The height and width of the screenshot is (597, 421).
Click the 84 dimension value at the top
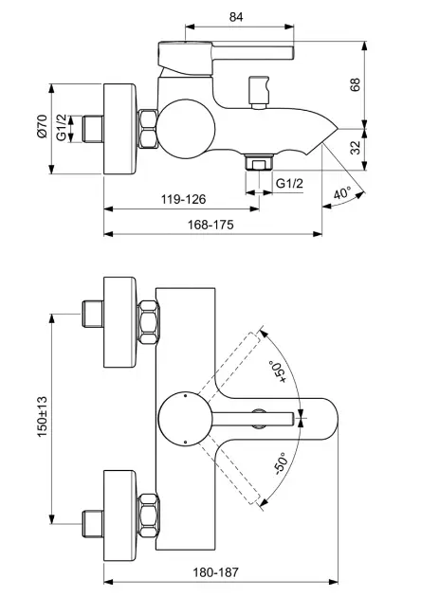pos(236,17)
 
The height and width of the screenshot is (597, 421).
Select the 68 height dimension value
pos(355,84)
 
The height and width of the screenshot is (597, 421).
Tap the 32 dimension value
pos(355,147)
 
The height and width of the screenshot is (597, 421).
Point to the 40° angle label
pos(341,193)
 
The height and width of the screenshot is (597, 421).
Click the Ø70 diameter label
pos(42,126)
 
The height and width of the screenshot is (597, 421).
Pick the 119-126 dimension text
pos(183,199)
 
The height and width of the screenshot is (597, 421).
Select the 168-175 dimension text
pos(210,225)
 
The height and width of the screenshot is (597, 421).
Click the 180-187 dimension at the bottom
pos(215,572)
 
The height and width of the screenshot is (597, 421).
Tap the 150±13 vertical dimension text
pos(43,417)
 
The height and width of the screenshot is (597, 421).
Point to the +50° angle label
pos(278,371)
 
